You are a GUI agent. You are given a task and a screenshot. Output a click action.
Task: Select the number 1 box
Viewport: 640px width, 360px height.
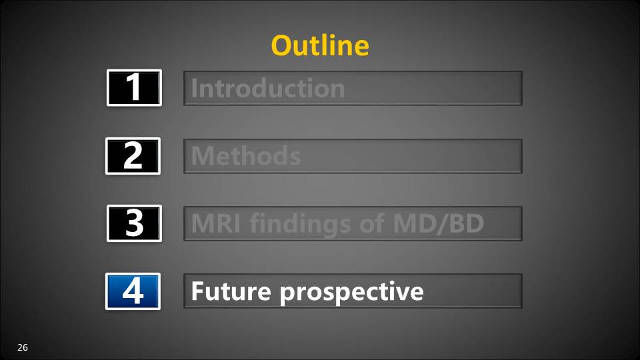(x=134, y=88)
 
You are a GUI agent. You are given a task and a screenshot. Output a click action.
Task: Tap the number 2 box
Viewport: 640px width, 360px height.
(x=133, y=156)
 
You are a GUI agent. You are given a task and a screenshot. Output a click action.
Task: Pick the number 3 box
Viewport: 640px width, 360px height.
(x=134, y=223)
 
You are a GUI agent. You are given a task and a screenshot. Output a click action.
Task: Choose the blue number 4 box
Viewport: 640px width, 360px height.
(x=133, y=291)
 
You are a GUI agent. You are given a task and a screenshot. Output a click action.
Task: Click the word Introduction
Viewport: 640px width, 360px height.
(x=268, y=88)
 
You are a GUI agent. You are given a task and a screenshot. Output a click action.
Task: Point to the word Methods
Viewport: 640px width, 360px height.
(x=246, y=155)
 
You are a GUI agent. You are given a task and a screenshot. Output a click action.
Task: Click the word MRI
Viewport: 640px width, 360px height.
(x=215, y=223)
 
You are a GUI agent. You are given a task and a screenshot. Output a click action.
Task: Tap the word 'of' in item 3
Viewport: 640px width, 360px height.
(x=372, y=223)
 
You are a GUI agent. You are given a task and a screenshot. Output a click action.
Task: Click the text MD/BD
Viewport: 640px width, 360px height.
(x=439, y=224)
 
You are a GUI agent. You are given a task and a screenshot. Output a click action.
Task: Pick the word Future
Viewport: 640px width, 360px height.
(x=231, y=291)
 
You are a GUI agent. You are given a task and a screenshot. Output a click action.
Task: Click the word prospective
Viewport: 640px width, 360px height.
(x=352, y=293)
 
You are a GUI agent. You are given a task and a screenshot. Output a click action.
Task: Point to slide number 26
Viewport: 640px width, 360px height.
(x=23, y=347)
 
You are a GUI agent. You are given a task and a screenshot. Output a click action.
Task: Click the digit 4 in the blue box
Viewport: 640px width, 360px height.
(x=133, y=291)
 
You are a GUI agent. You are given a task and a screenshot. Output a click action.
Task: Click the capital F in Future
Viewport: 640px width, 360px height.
(x=197, y=291)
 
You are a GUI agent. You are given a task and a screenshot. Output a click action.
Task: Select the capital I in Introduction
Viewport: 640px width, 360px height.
(x=194, y=88)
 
